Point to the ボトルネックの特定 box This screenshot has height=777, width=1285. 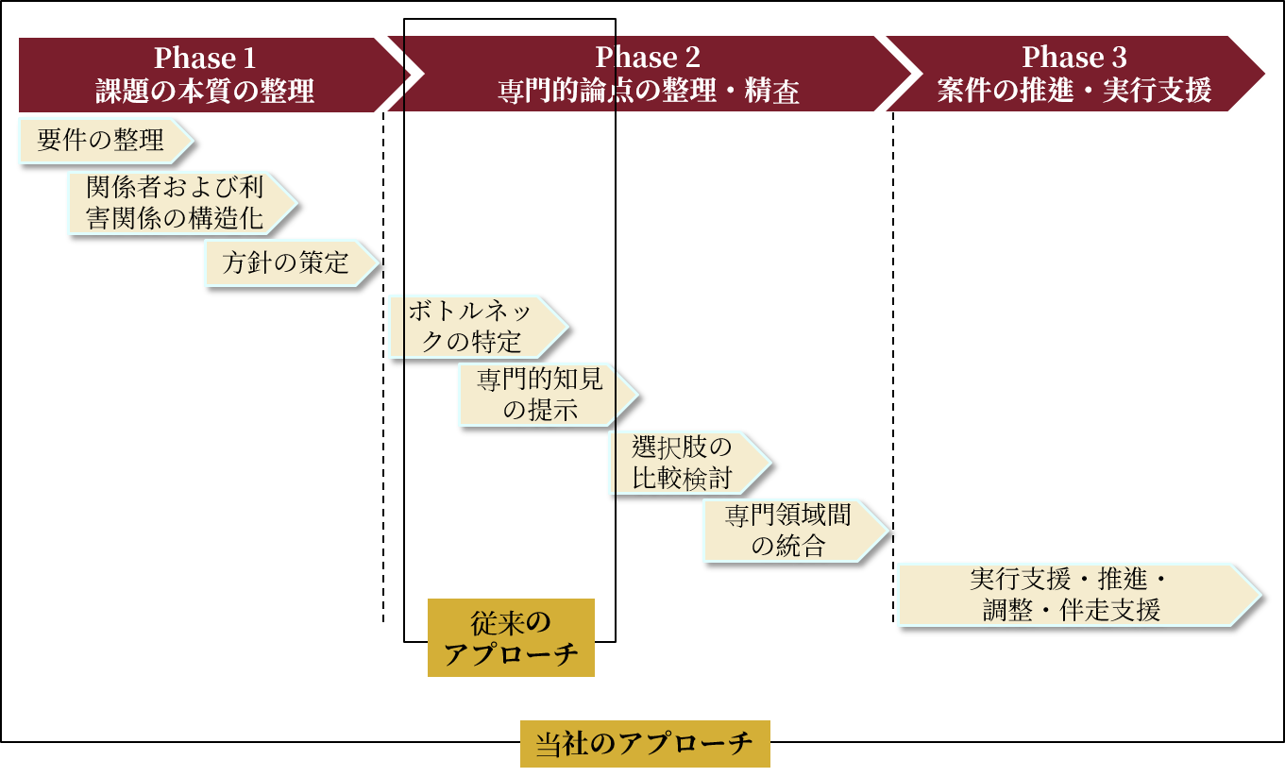471,327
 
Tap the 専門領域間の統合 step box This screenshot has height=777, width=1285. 788,531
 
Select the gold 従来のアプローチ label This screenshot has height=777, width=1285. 511,637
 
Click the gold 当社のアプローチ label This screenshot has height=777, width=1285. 645,744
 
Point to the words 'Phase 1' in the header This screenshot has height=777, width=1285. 205,58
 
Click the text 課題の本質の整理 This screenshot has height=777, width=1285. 205,92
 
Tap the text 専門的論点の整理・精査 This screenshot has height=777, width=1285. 649,92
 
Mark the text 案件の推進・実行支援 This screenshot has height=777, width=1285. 1074,92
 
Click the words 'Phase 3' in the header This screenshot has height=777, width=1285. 1074,58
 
